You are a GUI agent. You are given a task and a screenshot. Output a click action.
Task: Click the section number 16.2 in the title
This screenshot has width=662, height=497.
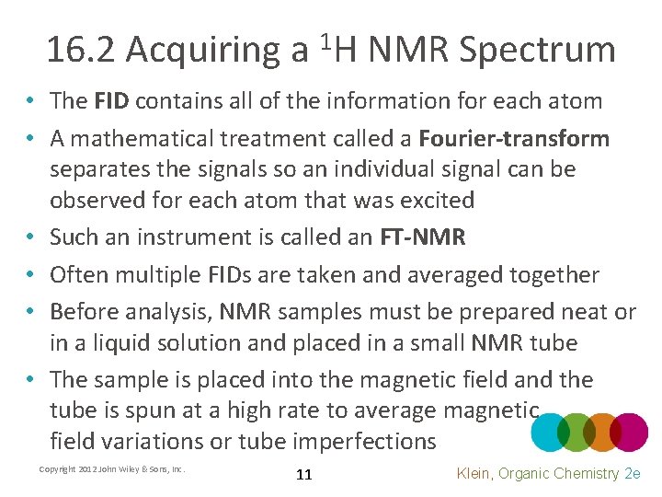(x=81, y=51)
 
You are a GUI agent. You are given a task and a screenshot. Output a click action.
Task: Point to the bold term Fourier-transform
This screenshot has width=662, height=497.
(x=514, y=139)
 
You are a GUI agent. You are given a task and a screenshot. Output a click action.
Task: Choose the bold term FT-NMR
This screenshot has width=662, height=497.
(x=423, y=237)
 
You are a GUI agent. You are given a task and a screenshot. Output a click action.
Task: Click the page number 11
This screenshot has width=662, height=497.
(x=304, y=475)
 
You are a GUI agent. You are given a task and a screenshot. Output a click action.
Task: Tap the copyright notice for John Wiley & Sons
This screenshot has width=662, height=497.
(x=112, y=469)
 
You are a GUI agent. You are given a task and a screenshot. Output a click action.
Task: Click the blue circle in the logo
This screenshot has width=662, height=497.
(x=550, y=432)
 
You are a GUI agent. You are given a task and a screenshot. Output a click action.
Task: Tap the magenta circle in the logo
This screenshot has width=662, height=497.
(x=631, y=432)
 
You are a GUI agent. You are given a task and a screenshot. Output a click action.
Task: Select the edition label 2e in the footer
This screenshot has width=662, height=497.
(x=633, y=473)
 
